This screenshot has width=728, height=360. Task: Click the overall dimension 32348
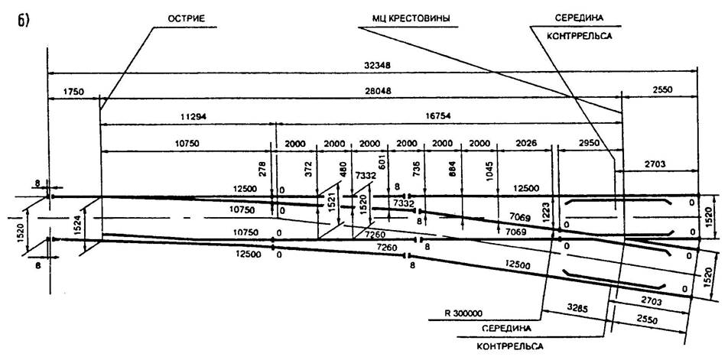pyautogui.click(x=373, y=66)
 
